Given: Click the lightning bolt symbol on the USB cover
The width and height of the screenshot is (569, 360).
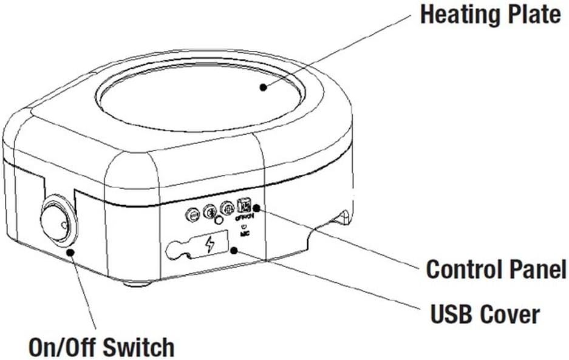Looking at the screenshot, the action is [x=210, y=245].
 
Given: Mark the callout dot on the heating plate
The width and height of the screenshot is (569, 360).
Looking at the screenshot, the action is [x=263, y=87].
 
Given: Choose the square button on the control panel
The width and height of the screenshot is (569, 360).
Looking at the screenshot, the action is [x=244, y=206].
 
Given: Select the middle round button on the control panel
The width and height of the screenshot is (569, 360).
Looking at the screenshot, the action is [x=210, y=211].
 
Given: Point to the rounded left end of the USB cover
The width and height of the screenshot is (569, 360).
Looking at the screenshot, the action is [x=174, y=249].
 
